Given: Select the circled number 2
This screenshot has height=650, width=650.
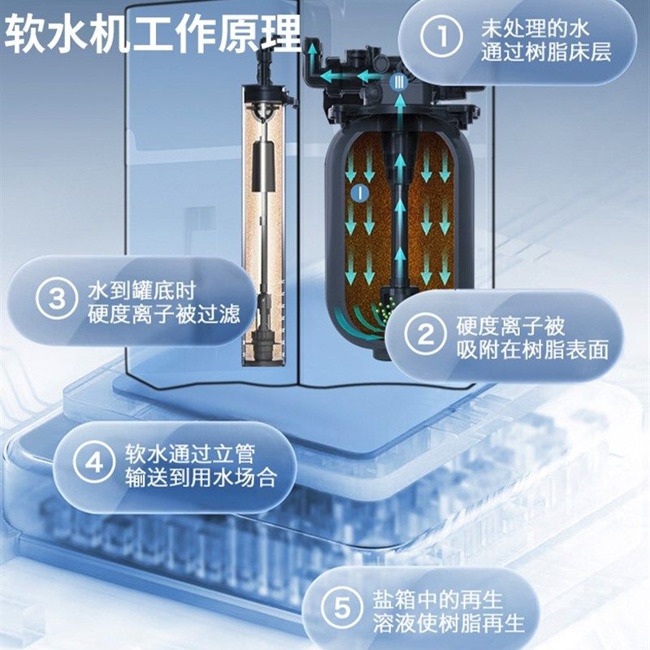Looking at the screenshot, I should pos(425,338).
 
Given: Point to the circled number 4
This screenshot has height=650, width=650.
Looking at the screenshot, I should pos(94,464).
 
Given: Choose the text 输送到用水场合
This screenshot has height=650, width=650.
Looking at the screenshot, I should pos(198,477).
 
